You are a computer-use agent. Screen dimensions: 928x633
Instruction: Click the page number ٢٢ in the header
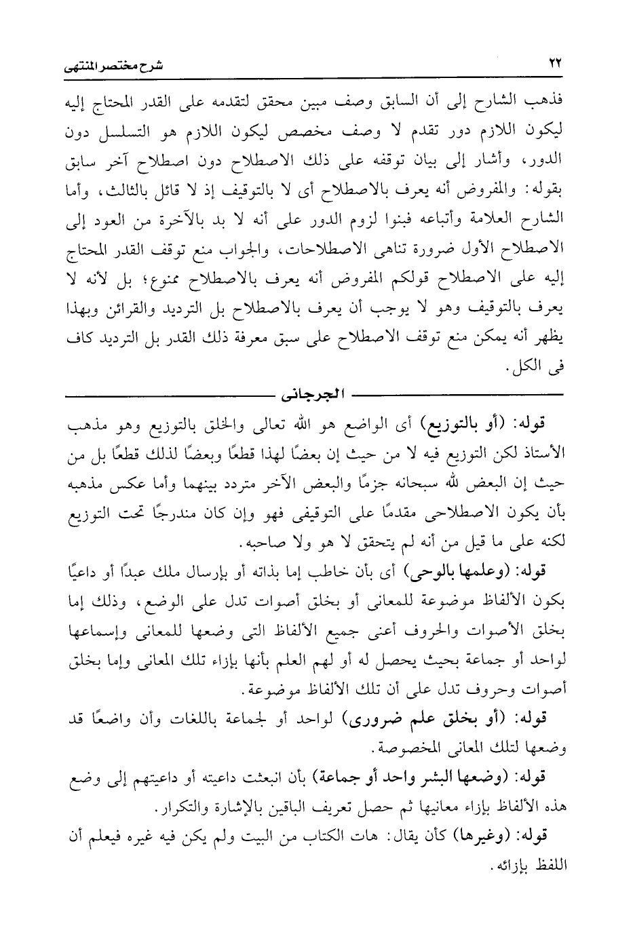click(x=555, y=64)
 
